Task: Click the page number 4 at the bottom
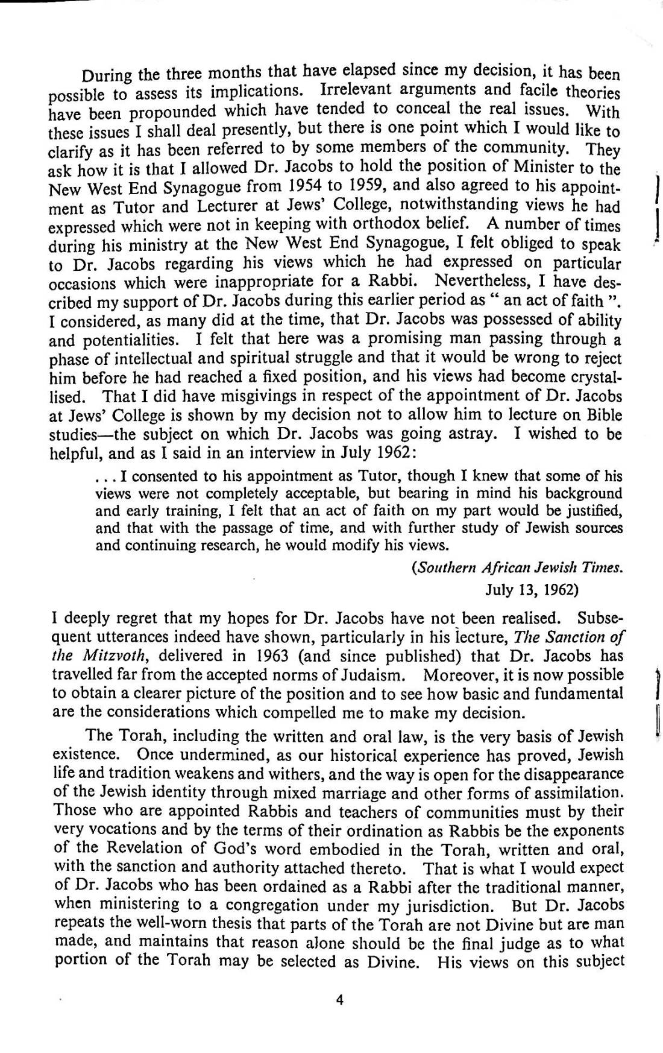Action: pos(339,1000)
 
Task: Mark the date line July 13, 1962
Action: pos(532,590)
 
